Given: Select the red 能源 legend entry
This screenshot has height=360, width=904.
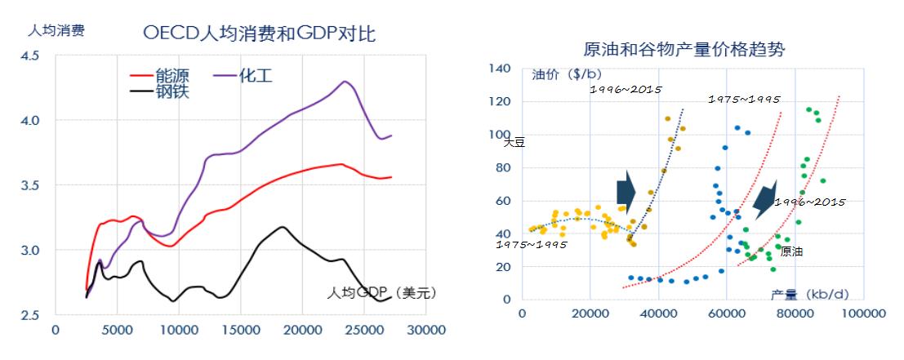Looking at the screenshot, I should pyautogui.click(x=161, y=76).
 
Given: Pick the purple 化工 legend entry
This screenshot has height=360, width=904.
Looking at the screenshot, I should pyautogui.click(x=243, y=76).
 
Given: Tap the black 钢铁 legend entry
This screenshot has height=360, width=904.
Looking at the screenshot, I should pyautogui.click(x=161, y=91).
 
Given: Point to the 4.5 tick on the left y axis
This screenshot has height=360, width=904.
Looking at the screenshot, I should pyautogui.click(x=31, y=56).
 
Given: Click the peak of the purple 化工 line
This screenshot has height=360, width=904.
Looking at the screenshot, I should pyautogui.click(x=345, y=82).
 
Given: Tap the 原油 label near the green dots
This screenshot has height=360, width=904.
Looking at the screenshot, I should pyautogui.click(x=790, y=251).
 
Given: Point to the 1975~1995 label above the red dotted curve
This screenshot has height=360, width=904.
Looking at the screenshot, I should pyautogui.click(x=744, y=99).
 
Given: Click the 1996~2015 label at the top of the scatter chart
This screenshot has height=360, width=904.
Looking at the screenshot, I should pyautogui.click(x=626, y=88).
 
